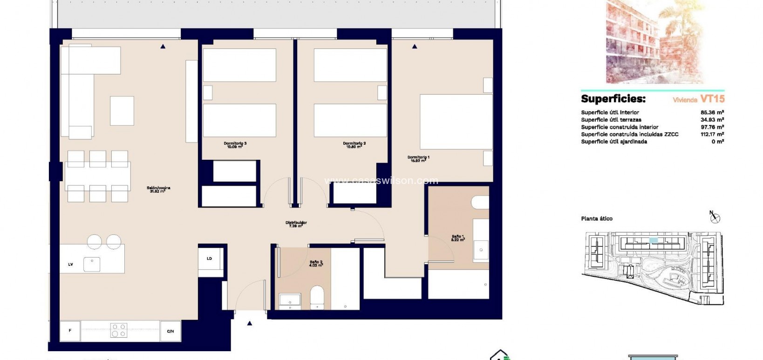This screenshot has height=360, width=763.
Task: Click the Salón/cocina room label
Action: pos(158,189)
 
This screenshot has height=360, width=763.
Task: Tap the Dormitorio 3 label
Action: pos(235,144)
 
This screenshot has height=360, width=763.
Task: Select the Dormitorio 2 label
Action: pos(354,144)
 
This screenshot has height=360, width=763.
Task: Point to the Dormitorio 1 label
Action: pos(418,158)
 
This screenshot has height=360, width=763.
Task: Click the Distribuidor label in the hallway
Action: pos(296,224)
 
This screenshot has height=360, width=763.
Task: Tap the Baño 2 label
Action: pos(316,264)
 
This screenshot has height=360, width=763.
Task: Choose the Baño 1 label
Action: pos(458,238)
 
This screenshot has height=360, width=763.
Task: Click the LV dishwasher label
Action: pos(71,265)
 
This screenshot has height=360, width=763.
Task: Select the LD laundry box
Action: pos(210,259)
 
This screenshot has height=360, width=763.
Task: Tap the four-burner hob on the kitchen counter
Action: pos(118,330)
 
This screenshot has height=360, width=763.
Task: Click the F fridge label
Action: pos(70,331)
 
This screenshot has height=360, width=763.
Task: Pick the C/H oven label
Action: pos(170,331)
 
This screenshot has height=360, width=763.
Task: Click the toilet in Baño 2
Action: pos(317,297)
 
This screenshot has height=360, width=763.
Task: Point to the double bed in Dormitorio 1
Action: pos(456,122)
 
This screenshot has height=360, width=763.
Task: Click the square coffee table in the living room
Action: pos(122,111)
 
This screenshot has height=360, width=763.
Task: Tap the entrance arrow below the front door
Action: pos(250,323)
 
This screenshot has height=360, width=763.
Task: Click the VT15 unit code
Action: pos(712,99)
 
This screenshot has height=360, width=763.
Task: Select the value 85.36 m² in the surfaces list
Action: pos(712,112)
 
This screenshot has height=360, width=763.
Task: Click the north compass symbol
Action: pos(715,217)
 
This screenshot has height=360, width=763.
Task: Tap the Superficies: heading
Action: pos(613,99)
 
